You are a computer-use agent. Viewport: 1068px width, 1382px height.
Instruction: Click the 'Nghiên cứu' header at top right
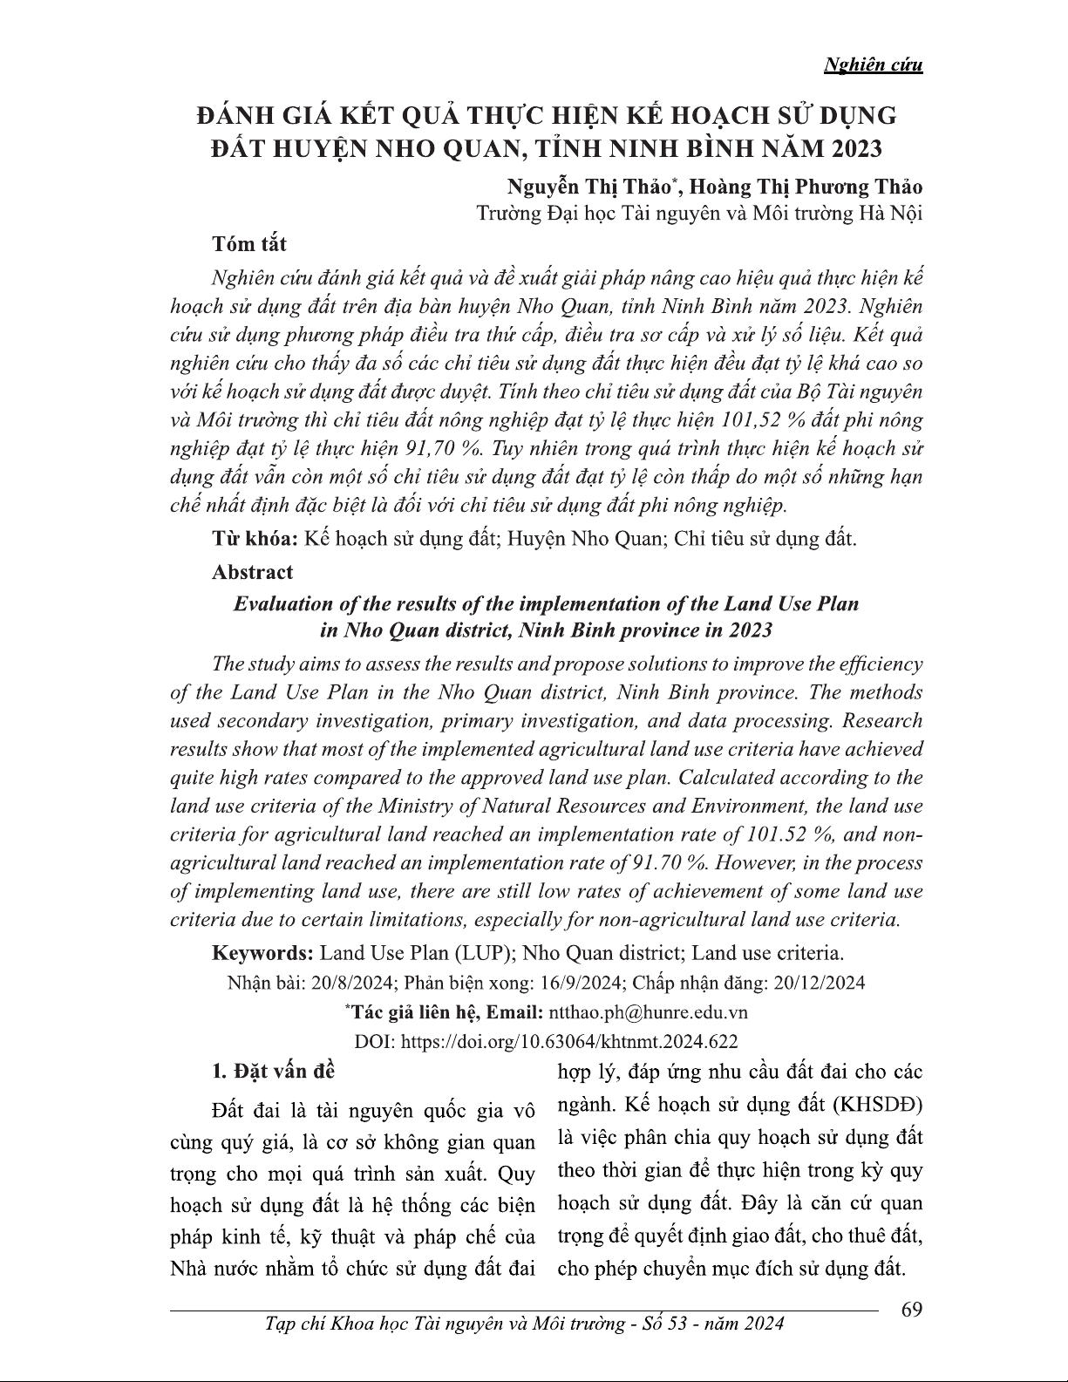click(873, 65)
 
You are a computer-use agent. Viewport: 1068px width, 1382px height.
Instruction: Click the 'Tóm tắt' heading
click(249, 244)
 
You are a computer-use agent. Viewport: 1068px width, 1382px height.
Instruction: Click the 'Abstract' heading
click(253, 572)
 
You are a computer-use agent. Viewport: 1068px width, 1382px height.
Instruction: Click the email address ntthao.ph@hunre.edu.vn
click(646, 1012)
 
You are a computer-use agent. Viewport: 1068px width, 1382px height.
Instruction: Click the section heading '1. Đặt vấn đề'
click(274, 1070)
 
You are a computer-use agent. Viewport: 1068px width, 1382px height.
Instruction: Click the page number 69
click(911, 1311)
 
